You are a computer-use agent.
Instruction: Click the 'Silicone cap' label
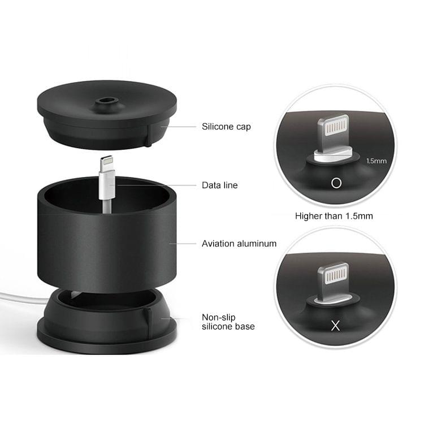226,127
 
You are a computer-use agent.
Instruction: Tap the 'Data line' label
220,185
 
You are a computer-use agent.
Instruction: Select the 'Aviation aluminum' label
239,244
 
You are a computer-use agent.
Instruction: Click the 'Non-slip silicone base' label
228,322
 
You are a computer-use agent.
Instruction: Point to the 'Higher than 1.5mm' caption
334,215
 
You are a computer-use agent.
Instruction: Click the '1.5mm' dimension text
376,161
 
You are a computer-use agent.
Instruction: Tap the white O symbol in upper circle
336,183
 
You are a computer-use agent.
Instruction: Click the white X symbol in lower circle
335,326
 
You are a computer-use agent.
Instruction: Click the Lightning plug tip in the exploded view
107,164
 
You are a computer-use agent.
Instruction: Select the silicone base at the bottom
107,328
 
